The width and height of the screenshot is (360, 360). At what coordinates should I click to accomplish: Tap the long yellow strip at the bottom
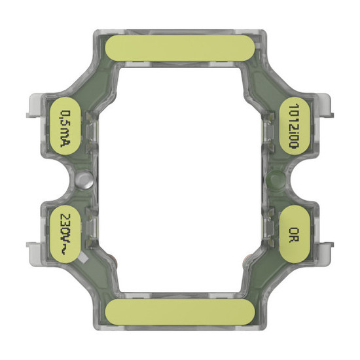[180, 313]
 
